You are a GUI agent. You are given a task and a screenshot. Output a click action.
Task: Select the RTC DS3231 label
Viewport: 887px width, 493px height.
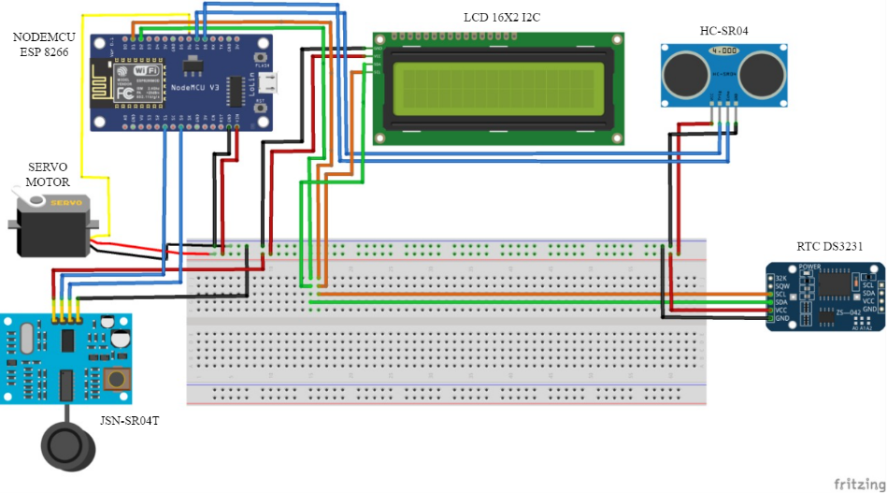[828, 247]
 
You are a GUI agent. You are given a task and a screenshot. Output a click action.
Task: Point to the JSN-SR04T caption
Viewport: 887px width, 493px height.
[131, 421]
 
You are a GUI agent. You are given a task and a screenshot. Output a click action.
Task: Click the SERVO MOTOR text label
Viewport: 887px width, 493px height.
[47, 175]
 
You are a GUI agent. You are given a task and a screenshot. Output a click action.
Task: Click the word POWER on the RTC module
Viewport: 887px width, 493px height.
[809, 267]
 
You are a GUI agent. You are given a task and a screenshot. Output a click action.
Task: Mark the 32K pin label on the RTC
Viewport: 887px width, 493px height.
[781, 278]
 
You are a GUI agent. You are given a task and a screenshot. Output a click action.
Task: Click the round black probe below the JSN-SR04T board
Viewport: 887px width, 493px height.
[67, 447]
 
